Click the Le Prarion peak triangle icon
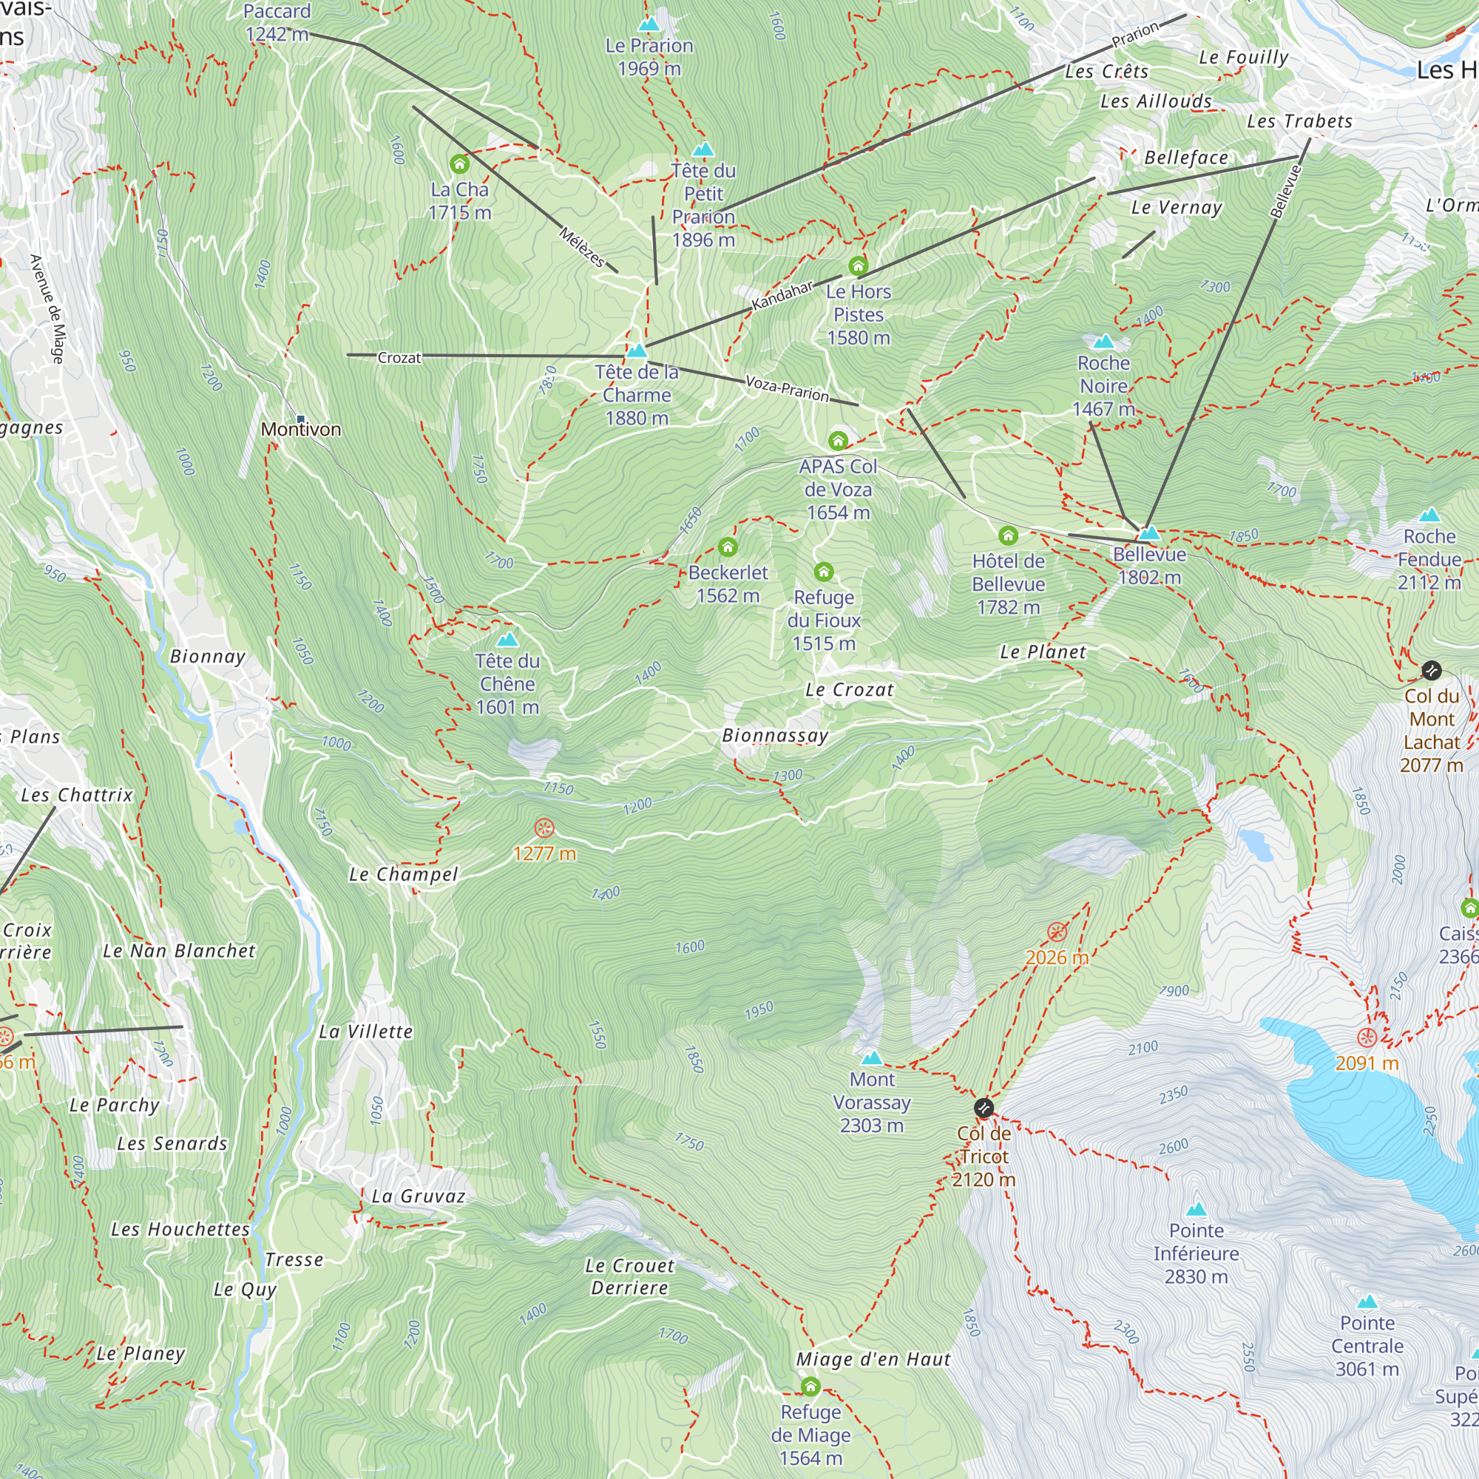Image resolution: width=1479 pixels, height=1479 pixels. (x=649, y=24)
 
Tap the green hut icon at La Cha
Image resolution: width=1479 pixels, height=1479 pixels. (x=459, y=164)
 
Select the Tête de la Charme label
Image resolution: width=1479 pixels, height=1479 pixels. (x=637, y=395)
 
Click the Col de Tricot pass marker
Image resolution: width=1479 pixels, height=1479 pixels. (x=984, y=1108)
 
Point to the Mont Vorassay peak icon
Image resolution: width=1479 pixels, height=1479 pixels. (x=872, y=1058)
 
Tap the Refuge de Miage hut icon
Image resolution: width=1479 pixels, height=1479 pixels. (x=810, y=1387)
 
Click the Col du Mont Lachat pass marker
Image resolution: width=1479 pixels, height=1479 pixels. (x=1432, y=671)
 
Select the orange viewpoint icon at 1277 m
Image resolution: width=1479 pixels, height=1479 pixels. (x=544, y=828)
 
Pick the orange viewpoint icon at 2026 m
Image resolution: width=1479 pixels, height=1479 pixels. (x=1057, y=932)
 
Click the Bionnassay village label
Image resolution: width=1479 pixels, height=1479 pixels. (x=776, y=736)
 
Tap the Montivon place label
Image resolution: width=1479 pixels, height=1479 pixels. (x=301, y=430)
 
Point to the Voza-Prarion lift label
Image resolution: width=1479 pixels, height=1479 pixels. (x=787, y=389)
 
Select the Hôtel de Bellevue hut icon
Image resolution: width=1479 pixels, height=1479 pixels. (x=1008, y=535)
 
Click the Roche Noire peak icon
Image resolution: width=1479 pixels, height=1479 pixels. (x=1104, y=341)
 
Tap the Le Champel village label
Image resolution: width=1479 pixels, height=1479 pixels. (x=404, y=874)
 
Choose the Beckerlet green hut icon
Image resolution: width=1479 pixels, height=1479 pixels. (x=728, y=546)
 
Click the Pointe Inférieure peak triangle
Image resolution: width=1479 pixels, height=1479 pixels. (x=1197, y=1210)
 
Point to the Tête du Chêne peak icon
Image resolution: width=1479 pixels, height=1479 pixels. (x=507, y=639)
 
